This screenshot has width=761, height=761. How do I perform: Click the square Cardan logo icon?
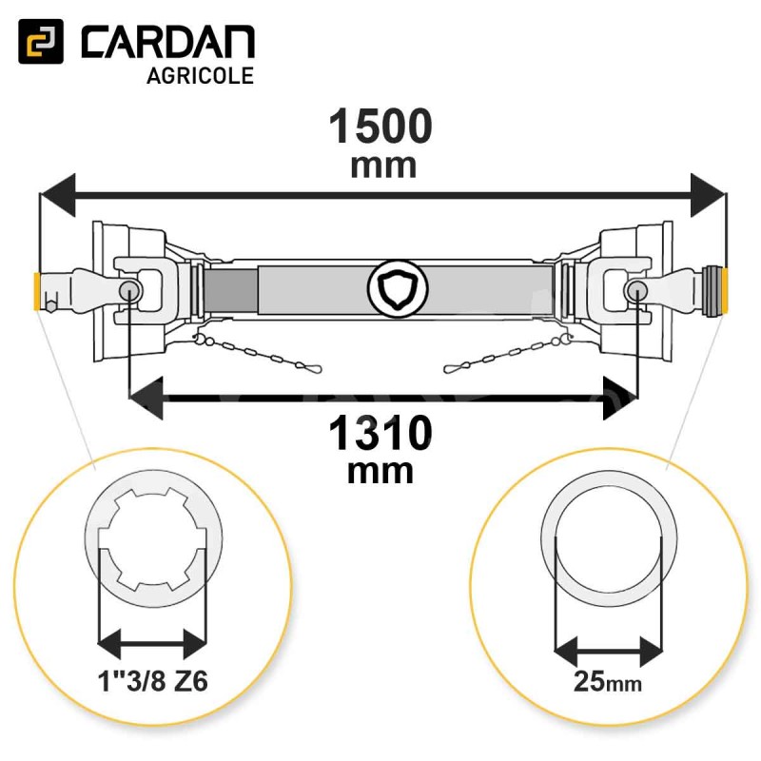(41, 41)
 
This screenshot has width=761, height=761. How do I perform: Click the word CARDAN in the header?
(168, 42)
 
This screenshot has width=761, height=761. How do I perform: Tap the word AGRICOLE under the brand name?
(201, 76)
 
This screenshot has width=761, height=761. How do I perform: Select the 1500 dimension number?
(380, 127)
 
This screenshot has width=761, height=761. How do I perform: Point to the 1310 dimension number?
(380, 433)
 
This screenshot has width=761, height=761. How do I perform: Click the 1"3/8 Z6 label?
(153, 680)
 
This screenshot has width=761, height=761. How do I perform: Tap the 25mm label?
(608, 681)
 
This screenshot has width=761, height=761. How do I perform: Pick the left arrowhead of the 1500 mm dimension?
(58, 195)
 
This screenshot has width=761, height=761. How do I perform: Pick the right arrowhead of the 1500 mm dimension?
(708, 195)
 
